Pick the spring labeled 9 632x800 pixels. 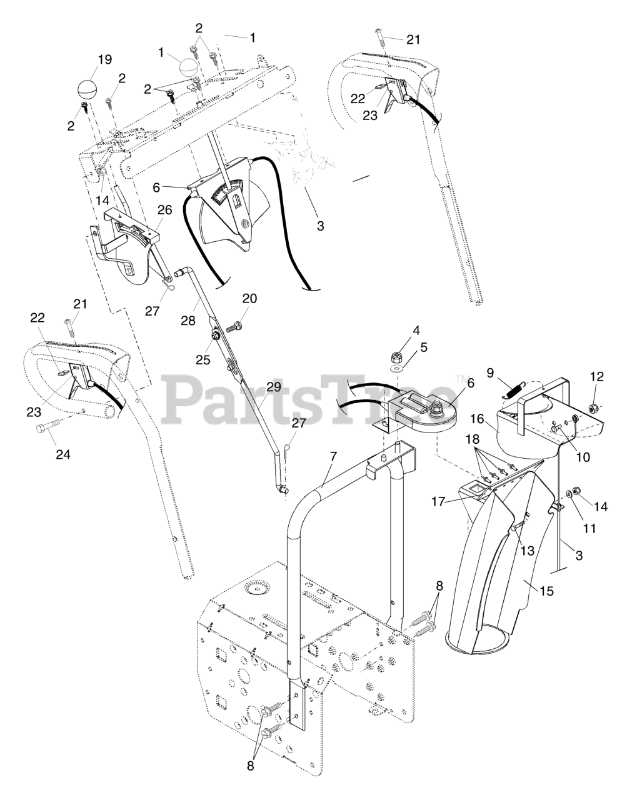511,391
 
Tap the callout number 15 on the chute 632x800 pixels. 546,590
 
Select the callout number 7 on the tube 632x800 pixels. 333,457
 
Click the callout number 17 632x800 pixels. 455,501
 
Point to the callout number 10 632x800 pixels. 582,457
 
